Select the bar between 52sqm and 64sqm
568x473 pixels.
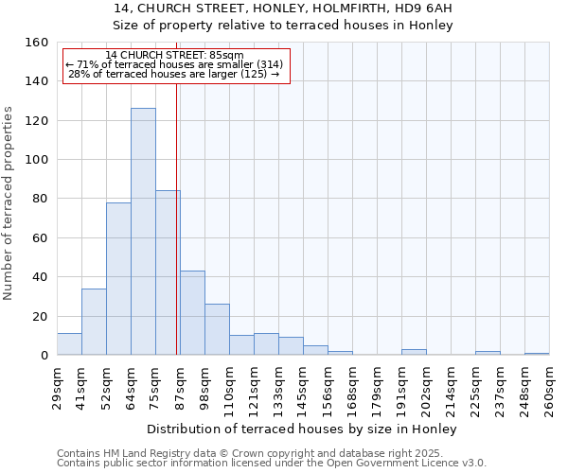pos(118,279)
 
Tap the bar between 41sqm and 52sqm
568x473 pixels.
pos(94,322)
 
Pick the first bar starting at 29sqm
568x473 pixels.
pos(69,344)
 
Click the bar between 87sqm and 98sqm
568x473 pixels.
pos(192,313)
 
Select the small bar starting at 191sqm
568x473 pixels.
pos(414,352)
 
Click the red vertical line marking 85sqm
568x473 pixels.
pos(177,218)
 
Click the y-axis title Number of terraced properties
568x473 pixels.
pos(9,203)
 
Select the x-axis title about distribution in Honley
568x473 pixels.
pos(315,429)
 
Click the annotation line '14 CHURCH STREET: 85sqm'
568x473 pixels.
pos(174,55)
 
